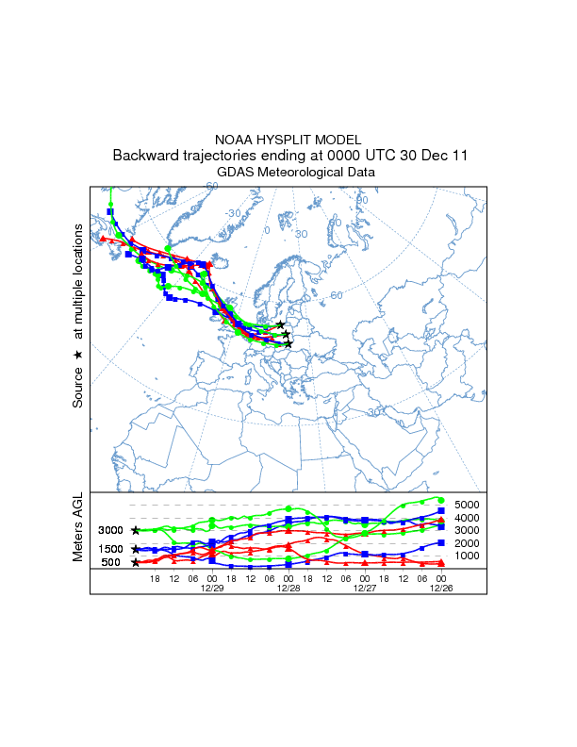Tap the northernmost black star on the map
tap(281, 324)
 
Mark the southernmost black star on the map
tap(288, 344)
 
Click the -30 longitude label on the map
tap(233, 213)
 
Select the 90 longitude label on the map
tap(361, 200)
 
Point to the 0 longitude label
tap(267, 230)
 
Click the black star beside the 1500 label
tap(136, 549)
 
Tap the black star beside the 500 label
tap(136, 562)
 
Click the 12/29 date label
tap(211, 587)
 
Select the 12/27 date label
tap(365, 587)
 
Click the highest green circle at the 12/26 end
tap(440, 500)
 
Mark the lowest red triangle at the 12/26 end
tap(441, 563)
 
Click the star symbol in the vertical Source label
tap(78, 355)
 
